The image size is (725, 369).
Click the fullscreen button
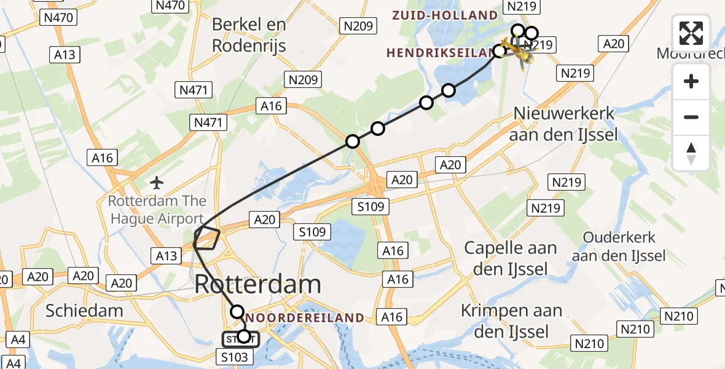[691, 33]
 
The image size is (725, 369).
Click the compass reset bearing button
[691, 153]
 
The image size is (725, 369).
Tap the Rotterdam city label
[258, 285]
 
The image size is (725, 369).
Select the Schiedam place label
[84, 310]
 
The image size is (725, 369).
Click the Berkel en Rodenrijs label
[249, 34]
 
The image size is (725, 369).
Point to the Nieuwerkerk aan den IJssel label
[563, 124]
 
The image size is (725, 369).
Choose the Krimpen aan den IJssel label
[512, 321]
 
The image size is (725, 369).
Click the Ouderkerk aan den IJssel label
[619, 246]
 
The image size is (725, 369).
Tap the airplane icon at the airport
[157, 183]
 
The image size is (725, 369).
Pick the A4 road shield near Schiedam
[18, 339]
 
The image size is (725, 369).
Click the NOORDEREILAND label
[305, 317]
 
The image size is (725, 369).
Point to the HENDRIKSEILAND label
[439, 53]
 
